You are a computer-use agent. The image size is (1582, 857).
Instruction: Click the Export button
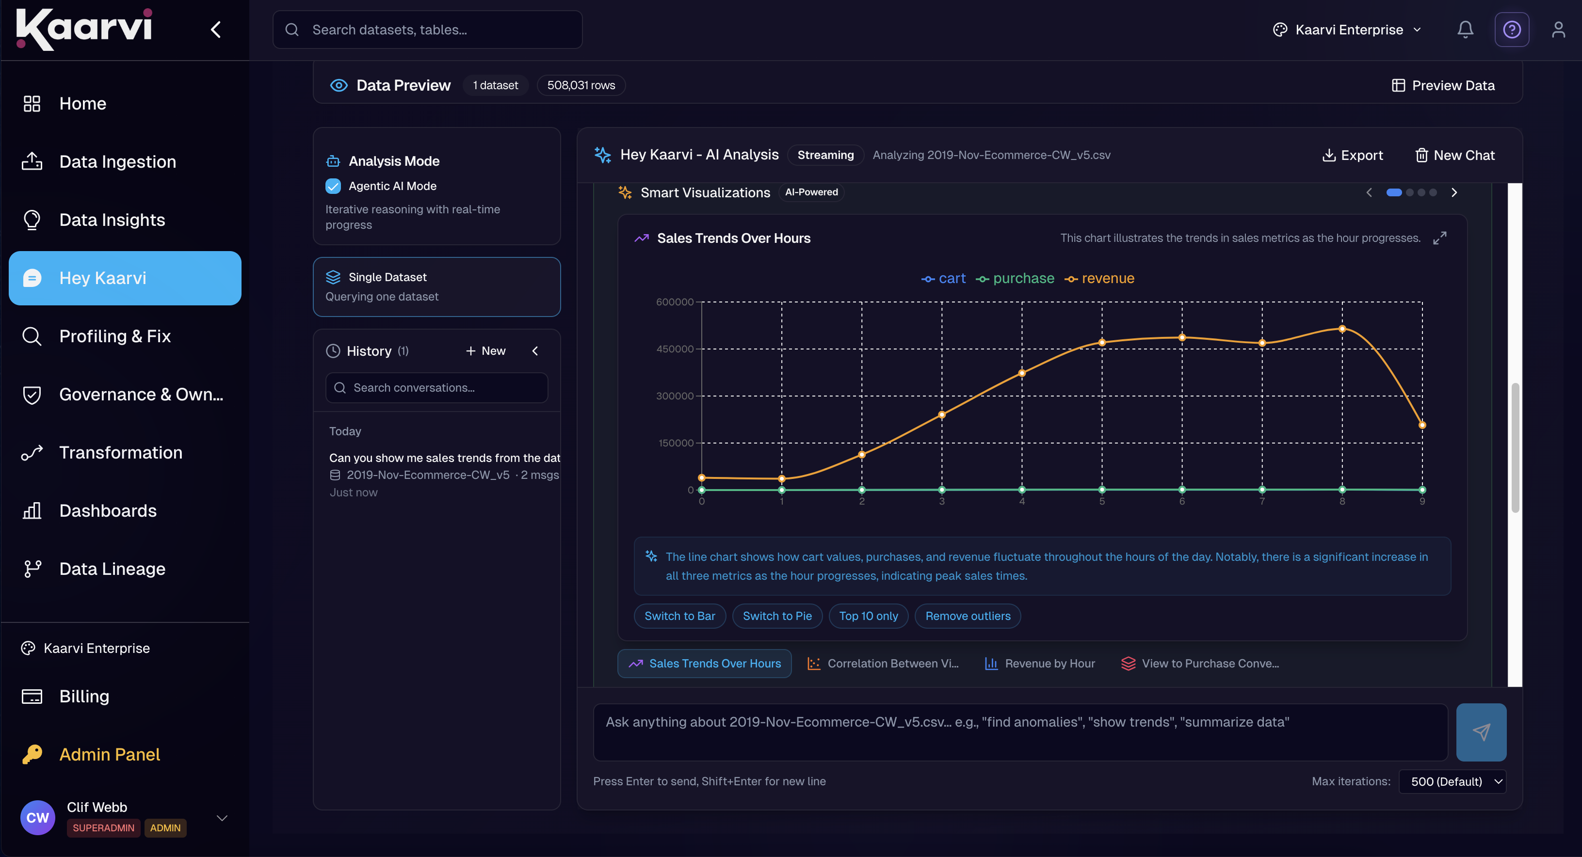coord(1352,155)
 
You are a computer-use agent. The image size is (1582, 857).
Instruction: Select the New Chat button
coord(1455,155)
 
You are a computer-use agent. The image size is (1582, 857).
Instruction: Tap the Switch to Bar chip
coord(680,616)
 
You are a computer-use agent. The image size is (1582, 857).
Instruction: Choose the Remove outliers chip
coord(968,616)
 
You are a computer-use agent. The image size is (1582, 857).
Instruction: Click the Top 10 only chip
coord(869,616)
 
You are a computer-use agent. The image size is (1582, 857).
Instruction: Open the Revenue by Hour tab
coord(1040,664)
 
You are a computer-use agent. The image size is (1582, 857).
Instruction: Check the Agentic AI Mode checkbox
coord(333,186)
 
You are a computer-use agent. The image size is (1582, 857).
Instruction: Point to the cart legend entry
coord(943,278)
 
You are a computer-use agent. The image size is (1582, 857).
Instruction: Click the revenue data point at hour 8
coord(1342,329)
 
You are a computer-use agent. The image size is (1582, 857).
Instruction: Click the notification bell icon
coord(1465,30)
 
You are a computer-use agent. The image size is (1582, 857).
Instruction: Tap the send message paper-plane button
coord(1481,732)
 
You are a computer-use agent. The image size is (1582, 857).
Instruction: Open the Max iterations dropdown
coord(1453,781)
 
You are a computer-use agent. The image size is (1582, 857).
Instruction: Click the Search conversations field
coord(436,388)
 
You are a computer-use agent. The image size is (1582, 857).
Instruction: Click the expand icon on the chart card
coord(1439,238)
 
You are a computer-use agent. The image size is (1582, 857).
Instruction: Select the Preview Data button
coord(1443,85)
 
